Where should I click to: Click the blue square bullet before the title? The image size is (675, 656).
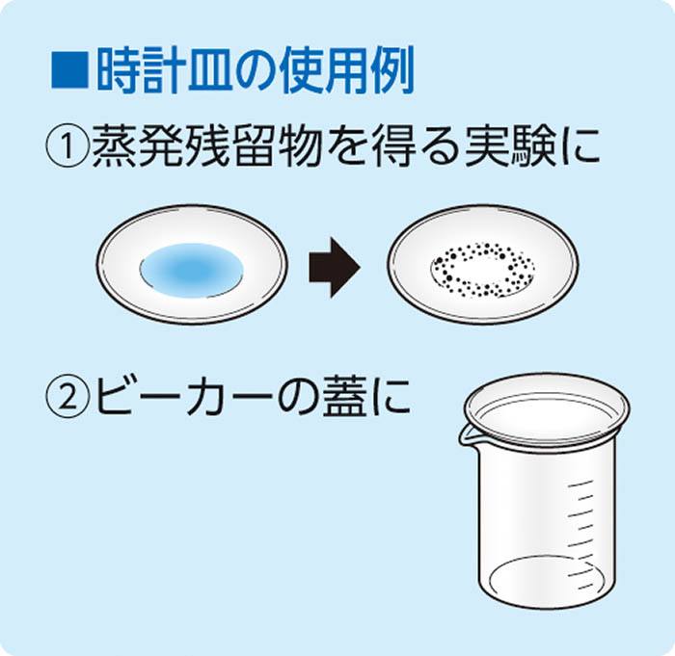70,70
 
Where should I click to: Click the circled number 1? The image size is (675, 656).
67,147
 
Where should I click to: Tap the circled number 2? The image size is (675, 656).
67,397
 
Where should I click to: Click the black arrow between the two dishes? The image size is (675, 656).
335,267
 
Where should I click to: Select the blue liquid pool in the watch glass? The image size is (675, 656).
191,270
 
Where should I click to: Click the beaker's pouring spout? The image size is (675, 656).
466,435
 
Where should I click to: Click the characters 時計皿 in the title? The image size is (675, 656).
165,70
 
